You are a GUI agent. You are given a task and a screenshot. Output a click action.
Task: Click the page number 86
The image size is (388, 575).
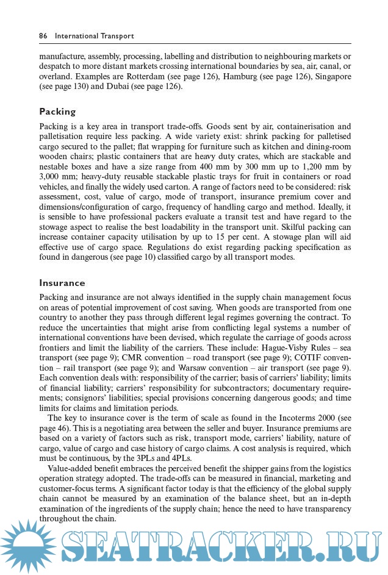pyautogui.click(x=43, y=36)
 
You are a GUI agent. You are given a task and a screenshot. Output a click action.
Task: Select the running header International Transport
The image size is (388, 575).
pyautogui.click(x=95, y=36)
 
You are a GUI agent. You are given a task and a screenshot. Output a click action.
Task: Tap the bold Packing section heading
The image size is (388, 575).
pyautogui.click(x=57, y=112)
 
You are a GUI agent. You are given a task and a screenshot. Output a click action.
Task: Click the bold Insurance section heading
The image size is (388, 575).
pyautogui.click(x=62, y=283)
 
